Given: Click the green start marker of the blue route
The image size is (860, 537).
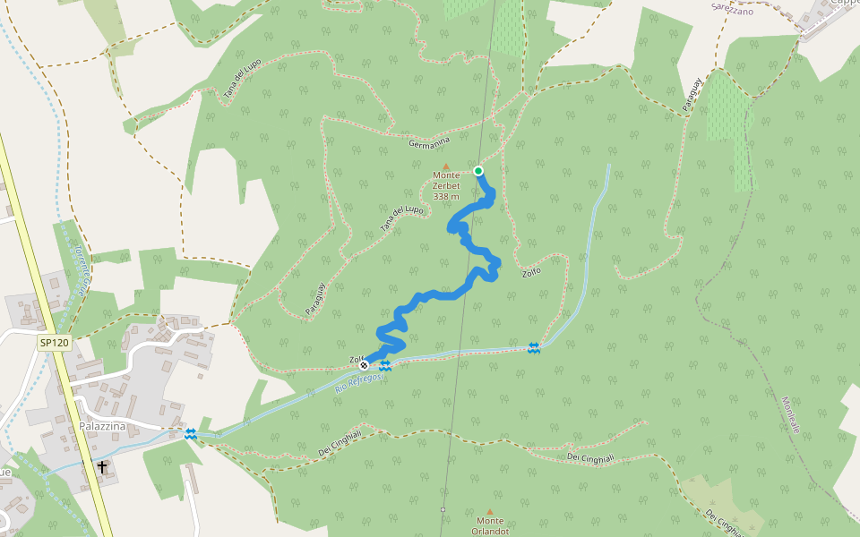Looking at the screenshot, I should (x=478, y=171).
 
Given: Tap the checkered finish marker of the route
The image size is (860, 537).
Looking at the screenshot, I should (x=364, y=365).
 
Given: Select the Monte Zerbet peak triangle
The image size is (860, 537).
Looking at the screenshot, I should (x=445, y=166).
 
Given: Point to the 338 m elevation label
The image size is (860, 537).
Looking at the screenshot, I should (x=445, y=196).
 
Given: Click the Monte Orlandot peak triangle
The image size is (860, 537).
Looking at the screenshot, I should (x=489, y=512).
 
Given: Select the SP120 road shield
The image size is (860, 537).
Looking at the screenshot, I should (x=54, y=343).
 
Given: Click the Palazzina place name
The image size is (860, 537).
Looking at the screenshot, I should (x=99, y=426).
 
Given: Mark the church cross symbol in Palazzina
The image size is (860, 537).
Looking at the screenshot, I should (x=102, y=467).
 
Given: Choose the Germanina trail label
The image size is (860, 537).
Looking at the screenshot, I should (x=428, y=142).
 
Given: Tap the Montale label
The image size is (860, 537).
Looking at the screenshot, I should (x=789, y=415).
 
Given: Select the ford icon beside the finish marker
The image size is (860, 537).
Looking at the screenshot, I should (x=385, y=365).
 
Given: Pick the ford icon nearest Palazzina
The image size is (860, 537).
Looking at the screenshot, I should (x=190, y=434).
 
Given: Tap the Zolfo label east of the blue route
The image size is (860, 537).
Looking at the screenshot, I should (x=531, y=272).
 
